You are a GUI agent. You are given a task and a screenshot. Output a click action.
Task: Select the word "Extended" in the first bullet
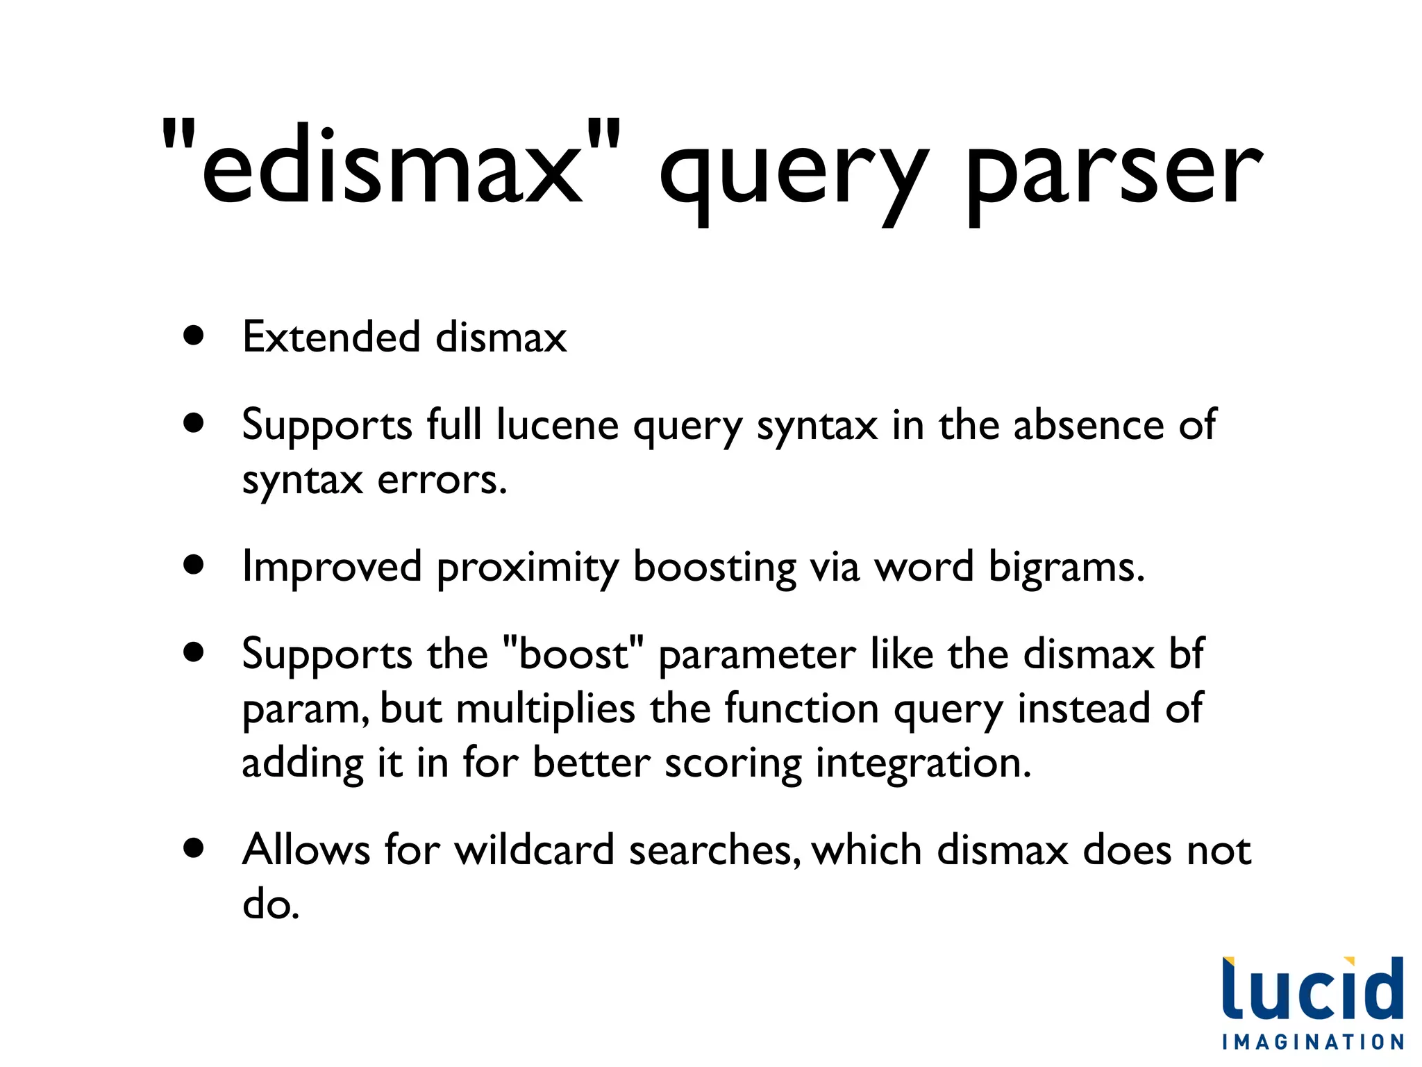(331, 337)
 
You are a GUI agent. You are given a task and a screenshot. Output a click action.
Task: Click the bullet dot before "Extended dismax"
(194, 336)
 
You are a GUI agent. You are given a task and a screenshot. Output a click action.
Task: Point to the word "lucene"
(558, 424)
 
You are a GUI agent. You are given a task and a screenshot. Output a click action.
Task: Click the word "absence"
(1088, 424)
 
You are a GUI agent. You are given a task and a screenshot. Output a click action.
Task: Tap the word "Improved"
(332, 567)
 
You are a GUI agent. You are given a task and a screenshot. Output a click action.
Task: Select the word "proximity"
(527, 568)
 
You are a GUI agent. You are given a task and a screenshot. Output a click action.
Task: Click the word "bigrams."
(1066, 568)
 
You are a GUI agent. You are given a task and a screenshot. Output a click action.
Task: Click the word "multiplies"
(546, 709)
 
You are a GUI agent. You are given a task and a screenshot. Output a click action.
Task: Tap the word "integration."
(923, 763)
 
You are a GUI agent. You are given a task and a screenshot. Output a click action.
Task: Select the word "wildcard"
(534, 850)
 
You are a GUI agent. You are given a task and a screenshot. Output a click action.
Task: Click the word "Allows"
(306, 850)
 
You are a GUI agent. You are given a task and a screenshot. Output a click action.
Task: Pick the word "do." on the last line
(271, 904)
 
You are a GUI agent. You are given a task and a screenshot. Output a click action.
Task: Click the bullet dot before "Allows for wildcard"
(194, 848)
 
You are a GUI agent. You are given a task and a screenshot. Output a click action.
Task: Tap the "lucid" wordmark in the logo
(1312, 990)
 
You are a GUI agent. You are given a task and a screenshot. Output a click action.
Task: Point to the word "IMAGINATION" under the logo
(1313, 1042)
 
